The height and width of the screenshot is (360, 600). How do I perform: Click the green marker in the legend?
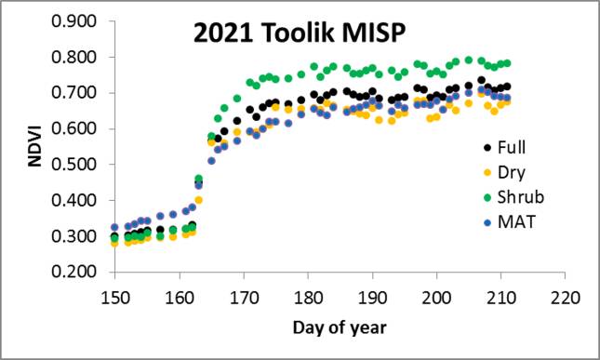(x=488, y=196)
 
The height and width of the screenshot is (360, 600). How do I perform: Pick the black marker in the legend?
(x=488, y=147)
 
